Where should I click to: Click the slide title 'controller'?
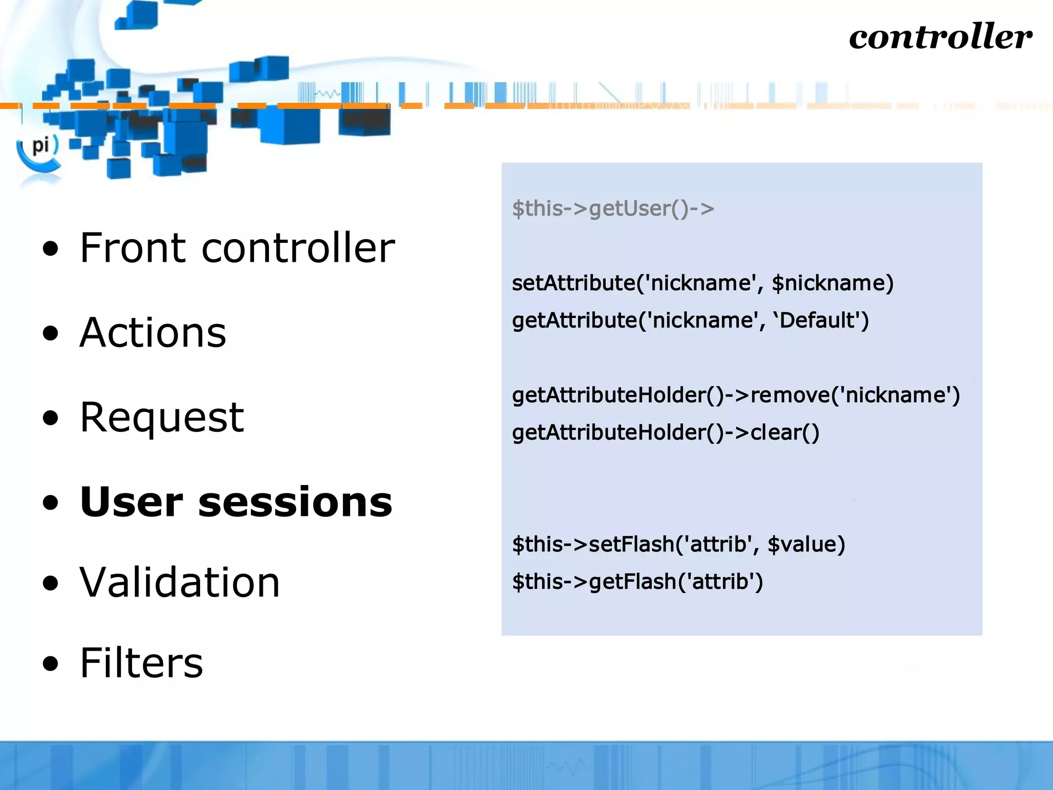[x=940, y=37]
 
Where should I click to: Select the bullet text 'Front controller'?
[x=237, y=248]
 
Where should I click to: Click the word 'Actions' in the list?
[x=153, y=333]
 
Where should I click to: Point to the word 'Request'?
[x=162, y=417]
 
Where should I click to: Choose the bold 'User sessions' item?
[x=236, y=501]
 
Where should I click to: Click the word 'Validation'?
[x=179, y=582]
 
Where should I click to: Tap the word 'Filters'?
[x=141, y=663]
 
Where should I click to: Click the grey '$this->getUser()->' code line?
[x=613, y=208]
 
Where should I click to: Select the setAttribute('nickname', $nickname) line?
[x=702, y=283]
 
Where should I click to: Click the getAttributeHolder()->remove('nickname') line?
[x=736, y=395]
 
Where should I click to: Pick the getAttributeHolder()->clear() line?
[x=665, y=433]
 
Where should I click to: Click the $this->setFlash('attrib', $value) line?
[x=678, y=544]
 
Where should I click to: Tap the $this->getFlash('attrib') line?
[x=637, y=582]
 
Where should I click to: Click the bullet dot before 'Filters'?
[x=51, y=664]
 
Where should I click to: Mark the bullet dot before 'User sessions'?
[x=51, y=502]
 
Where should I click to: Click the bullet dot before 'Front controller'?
[x=51, y=249]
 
